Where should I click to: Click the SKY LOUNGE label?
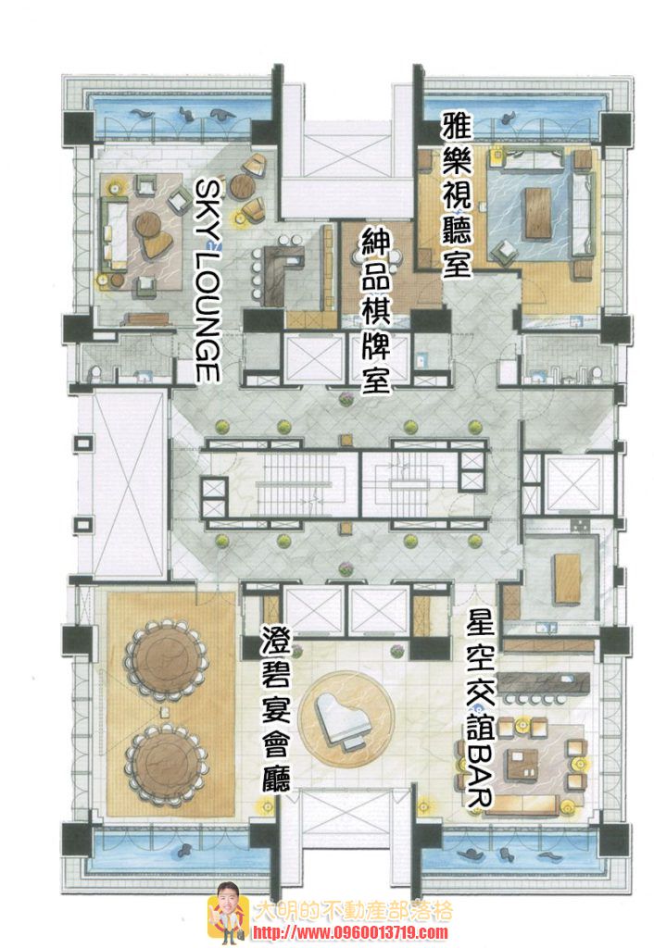pyautogui.click(x=207, y=281)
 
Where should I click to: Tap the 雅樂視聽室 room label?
pyautogui.click(x=456, y=194)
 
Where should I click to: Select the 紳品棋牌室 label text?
pyautogui.click(x=376, y=311)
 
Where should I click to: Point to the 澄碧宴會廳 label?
pyautogui.click(x=275, y=708)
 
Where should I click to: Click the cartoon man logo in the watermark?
pyautogui.click(x=227, y=913)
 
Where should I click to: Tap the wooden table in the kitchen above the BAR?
pyautogui.click(x=568, y=578)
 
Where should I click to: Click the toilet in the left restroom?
pyautogui.click(x=95, y=374)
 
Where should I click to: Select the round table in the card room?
pyautogui.click(x=380, y=260)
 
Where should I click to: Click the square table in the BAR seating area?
pyautogui.click(x=522, y=763)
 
